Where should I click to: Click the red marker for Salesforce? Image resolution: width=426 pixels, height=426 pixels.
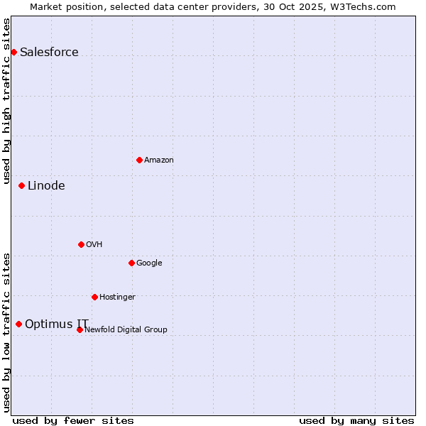(13, 52)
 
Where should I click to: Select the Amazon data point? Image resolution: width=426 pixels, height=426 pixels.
(139, 160)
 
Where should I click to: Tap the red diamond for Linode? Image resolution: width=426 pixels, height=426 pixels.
(21, 185)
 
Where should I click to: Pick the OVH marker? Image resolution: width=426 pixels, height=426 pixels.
(81, 244)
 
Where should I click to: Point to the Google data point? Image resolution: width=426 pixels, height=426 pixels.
(131, 263)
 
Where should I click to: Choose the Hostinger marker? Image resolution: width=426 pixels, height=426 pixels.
(94, 297)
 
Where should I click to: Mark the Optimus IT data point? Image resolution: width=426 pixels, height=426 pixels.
(18, 324)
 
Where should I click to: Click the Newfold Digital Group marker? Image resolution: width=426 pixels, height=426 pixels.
(80, 329)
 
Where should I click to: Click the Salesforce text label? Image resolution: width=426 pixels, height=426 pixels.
(49, 52)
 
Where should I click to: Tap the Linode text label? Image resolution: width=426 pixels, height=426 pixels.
(46, 185)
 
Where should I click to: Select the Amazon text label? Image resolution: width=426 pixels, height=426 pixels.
(159, 160)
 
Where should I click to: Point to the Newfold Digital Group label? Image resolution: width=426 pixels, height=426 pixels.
(126, 329)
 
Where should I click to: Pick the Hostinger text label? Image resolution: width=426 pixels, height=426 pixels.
(117, 297)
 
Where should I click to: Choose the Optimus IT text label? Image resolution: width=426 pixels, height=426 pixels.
(57, 324)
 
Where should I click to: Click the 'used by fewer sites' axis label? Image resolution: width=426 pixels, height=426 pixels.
(73, 420)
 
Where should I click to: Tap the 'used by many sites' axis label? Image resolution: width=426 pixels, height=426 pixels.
(356, 420)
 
